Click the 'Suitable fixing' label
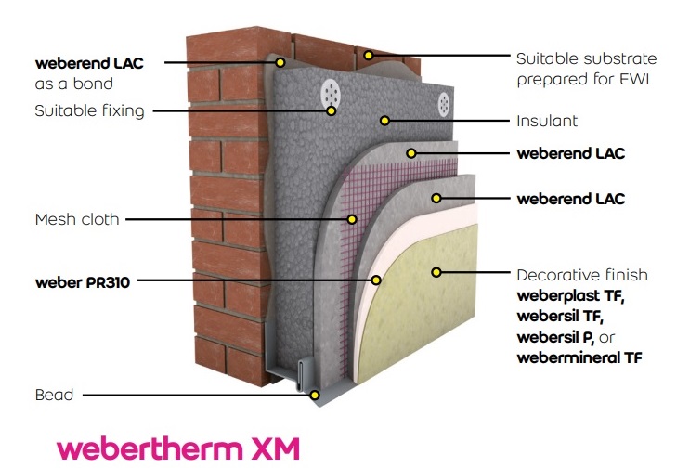pos(89,110)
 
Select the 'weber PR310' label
pos(81,279)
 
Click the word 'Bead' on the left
pos(53,395)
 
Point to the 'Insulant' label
pos(546,122)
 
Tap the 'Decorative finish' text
pos(581,276)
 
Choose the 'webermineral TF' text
pos(579,357)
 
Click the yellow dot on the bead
pos(316,395)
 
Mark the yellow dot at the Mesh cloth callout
pos(352,220)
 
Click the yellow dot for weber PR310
pos(377,279)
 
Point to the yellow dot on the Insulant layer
pos(384,121)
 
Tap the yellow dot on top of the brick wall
pos(369,56)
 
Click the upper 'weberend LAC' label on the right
pos(570,152)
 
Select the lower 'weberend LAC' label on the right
pos(570,198)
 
